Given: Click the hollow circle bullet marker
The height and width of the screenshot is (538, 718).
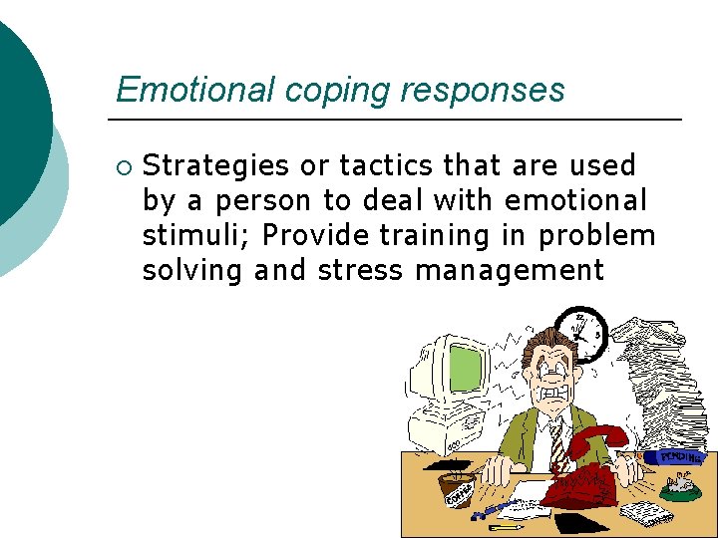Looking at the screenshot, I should tap(123, 166).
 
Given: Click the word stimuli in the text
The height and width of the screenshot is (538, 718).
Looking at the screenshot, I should tap(179, 235).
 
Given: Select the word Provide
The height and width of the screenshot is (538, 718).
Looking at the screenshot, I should tap(320, 235).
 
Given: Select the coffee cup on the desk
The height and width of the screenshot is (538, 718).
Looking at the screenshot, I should tap(459, 488).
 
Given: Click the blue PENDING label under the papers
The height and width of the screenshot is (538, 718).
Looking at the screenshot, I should tap(680, 454).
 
